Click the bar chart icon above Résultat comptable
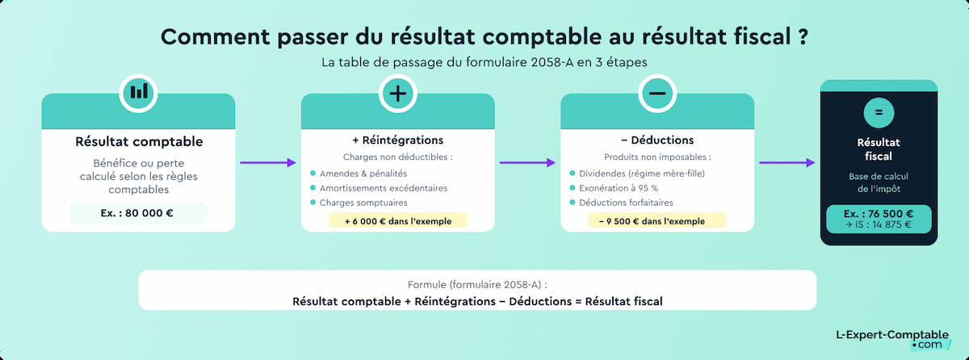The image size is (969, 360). (x=139, y=92)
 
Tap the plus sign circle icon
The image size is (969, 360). (x=398, y=93)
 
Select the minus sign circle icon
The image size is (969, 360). (x=657, y=93)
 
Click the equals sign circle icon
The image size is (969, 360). (x=879, y=112)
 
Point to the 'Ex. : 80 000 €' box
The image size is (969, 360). (x=138, y=213)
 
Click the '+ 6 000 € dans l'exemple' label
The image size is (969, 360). (x=397, y=220)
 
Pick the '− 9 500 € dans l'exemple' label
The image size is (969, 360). (x=656, y=220)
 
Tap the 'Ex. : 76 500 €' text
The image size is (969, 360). (x=879, y=214)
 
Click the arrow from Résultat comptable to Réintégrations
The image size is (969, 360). (x=268, y=163)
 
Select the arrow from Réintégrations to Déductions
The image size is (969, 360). (x=527, y=163)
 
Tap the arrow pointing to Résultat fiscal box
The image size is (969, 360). (x=787, y=163)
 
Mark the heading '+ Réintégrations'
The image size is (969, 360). (x=397, y=140)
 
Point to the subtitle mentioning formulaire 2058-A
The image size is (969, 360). (x=484, y=61)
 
